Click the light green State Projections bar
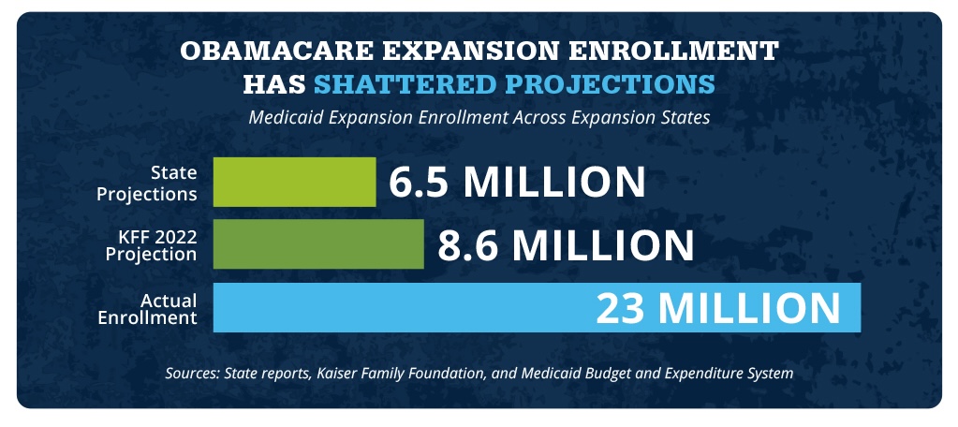pyautogui.click(x=294, y=182)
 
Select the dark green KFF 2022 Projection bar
pyautogui.click(x=318, y=244)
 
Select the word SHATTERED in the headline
pyautogui.click(x=397, y=84)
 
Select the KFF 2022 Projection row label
pyautogui.click(x=152, y=245)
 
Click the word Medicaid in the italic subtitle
pyautogui.click(x=283, y=118)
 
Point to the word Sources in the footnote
pyautogui.click(x=192, y=373)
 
